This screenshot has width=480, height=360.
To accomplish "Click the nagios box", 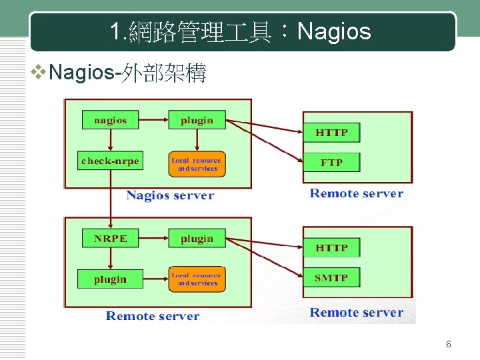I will (x=111, y=120).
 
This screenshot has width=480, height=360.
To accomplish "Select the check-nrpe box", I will (x=111, y=161).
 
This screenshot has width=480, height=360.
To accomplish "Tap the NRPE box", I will (x=111, y=238).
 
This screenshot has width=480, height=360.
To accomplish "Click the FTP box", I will (x=331, y=162).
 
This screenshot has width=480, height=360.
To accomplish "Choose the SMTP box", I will (x=331, y=277).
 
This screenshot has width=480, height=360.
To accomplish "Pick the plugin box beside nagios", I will (x=197, y=120).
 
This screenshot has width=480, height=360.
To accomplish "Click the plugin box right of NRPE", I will (x=197, y=238).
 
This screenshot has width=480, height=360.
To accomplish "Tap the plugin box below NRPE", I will (x=111, y=279).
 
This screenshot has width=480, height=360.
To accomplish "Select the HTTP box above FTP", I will (x=331, y=132).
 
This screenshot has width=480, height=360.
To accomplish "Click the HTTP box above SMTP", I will (x=331, y=247).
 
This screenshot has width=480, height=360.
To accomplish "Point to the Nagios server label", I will (x=170, y=195).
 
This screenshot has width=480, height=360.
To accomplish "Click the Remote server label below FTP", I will (x=357, y=193).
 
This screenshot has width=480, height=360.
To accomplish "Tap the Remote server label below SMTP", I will (x=357, y=312).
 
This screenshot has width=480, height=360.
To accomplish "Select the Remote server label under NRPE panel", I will (x=153, y=316).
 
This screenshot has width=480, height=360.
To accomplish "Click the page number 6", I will (x=449, y=345).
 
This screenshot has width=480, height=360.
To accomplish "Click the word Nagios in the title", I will (x=334, y=31).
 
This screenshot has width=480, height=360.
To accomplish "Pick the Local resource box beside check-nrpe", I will (x=197, y=164).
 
